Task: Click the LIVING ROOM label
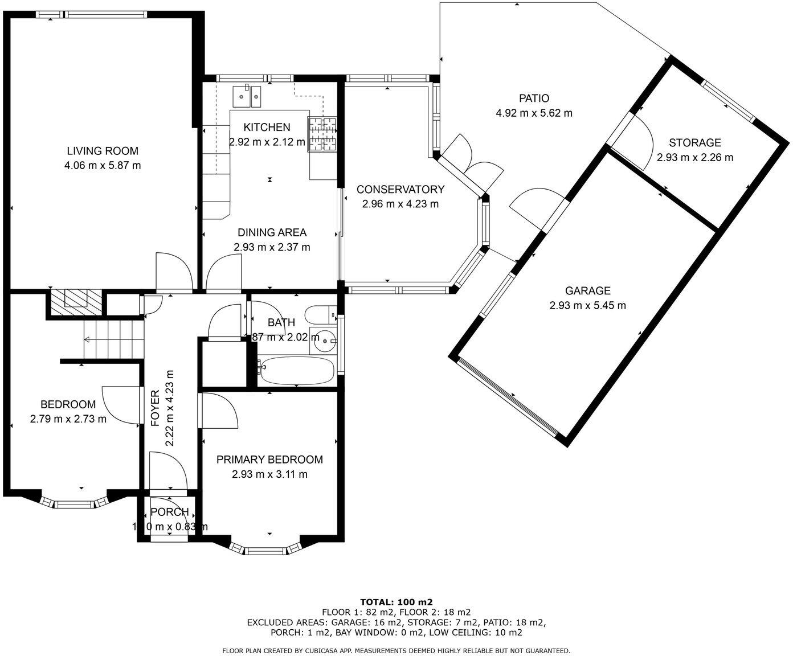pos(103,151)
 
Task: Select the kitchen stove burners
pos(323,134)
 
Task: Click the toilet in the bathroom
pos(319,314)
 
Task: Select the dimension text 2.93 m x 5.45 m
pos(587,305)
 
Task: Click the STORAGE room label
pos(694,143)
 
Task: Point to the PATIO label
pos(534,99)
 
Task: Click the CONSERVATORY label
pos(400,189)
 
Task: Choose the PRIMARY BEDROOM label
pos(269,460)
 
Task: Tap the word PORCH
pos(169,512)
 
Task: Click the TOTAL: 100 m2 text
pos(396,602)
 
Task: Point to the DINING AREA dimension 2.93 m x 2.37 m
pos(272,247)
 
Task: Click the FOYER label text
pos(155,408)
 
